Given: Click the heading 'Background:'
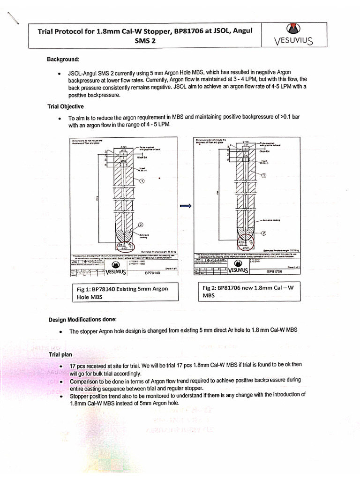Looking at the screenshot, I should [x=63, y=60].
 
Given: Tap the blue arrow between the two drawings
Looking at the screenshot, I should [x=185, y=205].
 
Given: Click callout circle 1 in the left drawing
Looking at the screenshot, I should [x=142, y=181].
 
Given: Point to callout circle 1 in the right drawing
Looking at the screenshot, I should [x=263, y=176].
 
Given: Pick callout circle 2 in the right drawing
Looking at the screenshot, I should [x=263, y=233].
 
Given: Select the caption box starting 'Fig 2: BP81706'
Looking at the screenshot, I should [x=248, y=291].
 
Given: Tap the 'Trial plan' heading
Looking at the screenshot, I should [x=60, y=354].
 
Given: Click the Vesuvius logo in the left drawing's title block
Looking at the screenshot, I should [x=112, y=271].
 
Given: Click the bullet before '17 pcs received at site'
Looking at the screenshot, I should [x=60, y=365].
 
